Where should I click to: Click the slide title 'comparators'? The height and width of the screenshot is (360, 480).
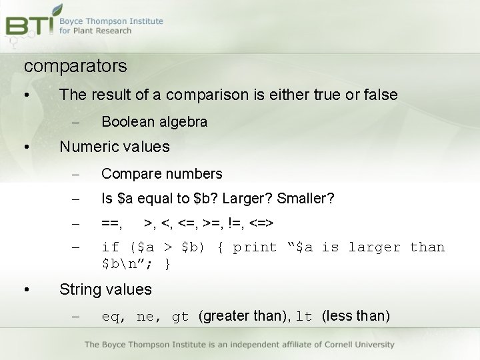75,67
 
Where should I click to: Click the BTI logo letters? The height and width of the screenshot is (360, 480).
29,25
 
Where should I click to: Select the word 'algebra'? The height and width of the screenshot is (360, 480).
183,122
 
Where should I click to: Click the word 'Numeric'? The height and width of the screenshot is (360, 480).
87,147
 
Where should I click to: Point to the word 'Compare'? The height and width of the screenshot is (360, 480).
129,174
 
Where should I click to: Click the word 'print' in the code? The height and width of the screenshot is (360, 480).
255,247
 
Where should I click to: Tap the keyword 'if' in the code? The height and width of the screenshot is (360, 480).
110,247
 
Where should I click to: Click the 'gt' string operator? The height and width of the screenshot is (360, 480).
180,317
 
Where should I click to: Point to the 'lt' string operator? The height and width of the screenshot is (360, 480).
304,317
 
